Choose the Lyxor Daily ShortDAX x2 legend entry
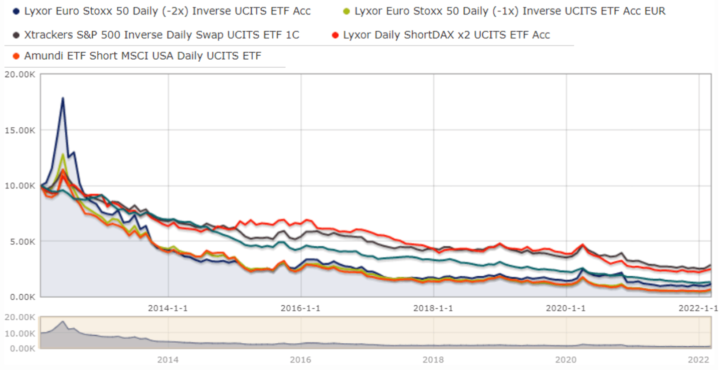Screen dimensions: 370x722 [446, 35]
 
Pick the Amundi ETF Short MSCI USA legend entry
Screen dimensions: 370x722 [142, 56]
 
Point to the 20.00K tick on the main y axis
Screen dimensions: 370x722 [21, 75]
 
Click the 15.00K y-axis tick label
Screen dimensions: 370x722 [21, 130]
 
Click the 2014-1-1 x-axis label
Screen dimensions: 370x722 [168, 308]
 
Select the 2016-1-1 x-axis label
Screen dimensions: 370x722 [301, 308]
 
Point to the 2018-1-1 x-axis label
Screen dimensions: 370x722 [434, 308]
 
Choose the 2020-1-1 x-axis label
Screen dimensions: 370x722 [566, 308]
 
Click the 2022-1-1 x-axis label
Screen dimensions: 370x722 [698, 308]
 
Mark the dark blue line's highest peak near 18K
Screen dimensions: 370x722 [63, 98]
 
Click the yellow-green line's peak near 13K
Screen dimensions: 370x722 [63, 154]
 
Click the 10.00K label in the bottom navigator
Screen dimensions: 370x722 [21, 333]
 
